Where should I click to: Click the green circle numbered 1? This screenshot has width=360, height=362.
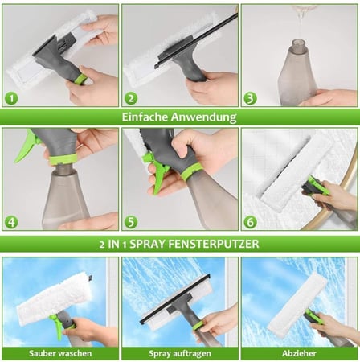(11, 98)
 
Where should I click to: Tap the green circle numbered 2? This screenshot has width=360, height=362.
(131, 98)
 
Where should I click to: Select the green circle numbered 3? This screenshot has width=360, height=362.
(250, 98)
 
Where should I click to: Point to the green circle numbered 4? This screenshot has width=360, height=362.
(11, 222)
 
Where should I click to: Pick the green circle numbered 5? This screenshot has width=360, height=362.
(131, 222)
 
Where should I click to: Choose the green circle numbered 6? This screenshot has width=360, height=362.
(250, 222)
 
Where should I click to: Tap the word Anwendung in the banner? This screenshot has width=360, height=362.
(204, 117)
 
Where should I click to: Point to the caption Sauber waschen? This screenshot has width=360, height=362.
(60, 353)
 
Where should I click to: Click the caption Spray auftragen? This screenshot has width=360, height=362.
(180, 354)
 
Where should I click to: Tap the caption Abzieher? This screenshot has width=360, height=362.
(299, 353)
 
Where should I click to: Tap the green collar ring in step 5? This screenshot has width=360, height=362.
(191, 172)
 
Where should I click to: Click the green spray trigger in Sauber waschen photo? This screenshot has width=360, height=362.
(57, 326)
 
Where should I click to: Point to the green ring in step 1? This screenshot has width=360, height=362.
(82, 80)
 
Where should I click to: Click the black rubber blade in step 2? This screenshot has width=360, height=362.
(195, 40)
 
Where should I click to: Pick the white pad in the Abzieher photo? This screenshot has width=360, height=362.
(297, 303)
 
